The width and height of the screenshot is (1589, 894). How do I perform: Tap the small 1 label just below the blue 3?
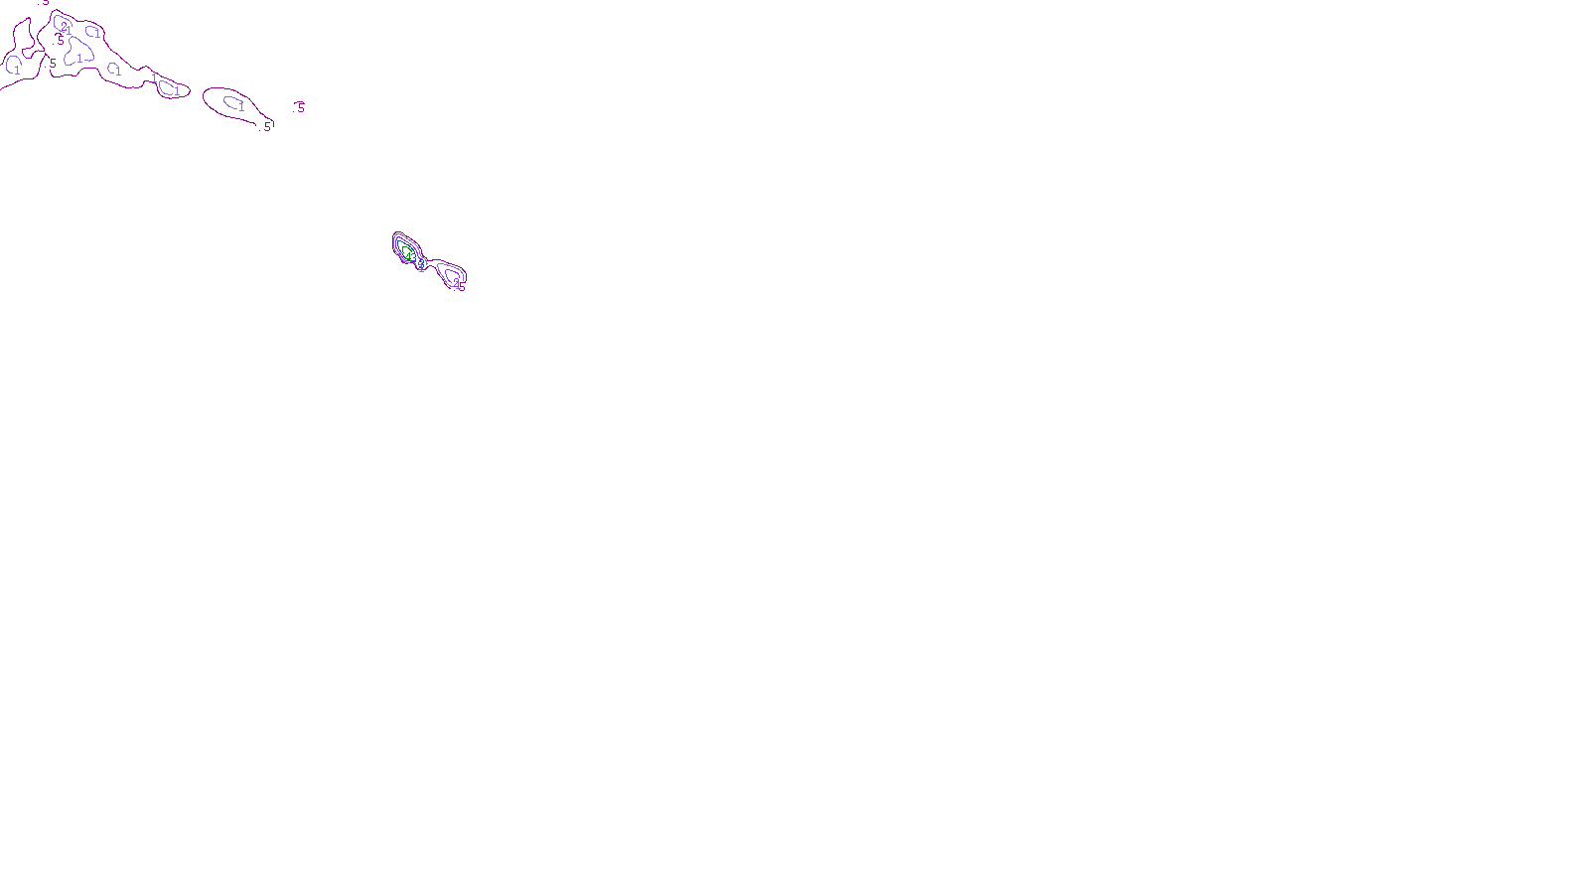coord(422,270)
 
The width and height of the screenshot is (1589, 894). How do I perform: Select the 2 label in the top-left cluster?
coord(65,26)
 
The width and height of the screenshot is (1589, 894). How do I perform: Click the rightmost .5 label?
coord(300,107)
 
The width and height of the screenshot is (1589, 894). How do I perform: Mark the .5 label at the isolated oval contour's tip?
coord(266,126)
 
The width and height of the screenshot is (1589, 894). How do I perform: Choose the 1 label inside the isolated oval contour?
coord(239,104)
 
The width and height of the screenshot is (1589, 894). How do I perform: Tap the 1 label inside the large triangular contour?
coord(79,60)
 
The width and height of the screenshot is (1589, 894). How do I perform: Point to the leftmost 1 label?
coord(17,70)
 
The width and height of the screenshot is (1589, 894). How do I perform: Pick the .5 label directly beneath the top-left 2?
coord(61,41)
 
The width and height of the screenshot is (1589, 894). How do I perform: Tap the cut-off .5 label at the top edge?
coord(45,3)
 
